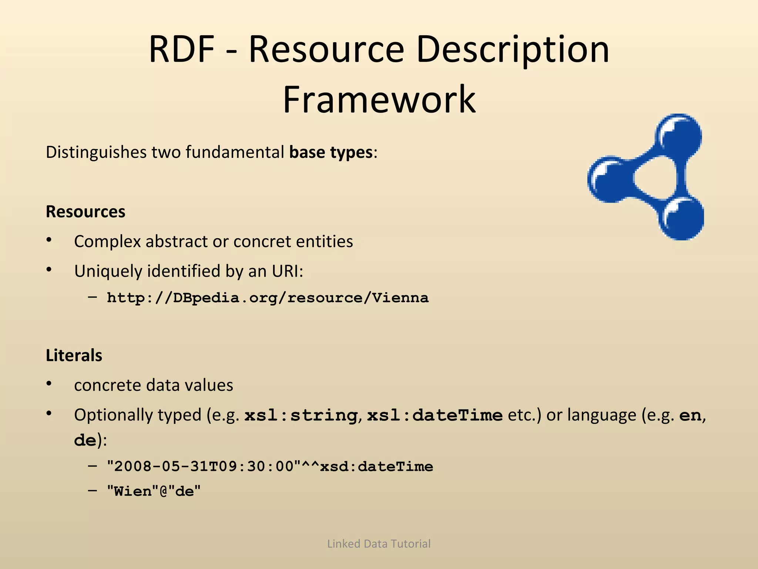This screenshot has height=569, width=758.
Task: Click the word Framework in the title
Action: point(379,99)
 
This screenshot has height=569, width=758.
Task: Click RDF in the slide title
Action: point(181,49)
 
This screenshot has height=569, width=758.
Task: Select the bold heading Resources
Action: point(85,212)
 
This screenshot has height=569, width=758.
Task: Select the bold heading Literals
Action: point(74,355)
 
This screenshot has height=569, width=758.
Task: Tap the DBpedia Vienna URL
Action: point(268,298)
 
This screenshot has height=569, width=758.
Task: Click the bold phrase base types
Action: point(331,152)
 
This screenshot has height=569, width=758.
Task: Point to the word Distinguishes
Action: point(96,152)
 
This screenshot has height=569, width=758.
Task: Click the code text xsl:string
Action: point(301,415)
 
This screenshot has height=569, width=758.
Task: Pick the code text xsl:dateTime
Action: point(435,415)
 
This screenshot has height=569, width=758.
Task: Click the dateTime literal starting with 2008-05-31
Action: point(270,466)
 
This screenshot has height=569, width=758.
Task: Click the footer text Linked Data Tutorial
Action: point(379,543)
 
